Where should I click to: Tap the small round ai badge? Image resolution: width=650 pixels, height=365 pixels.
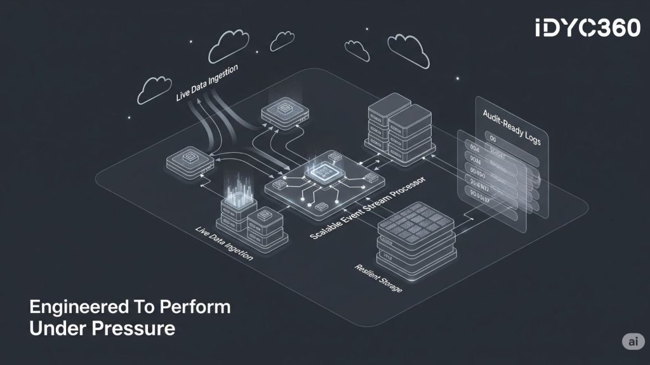coord(632,341)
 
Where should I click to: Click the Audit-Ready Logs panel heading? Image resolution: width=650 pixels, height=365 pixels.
coord(512,127)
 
